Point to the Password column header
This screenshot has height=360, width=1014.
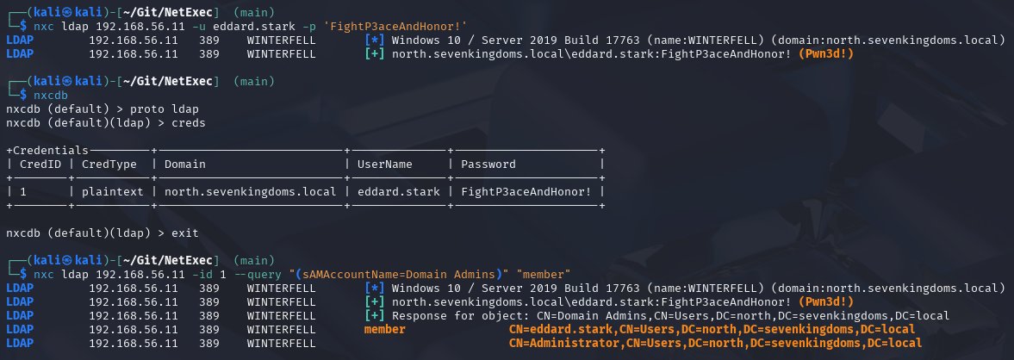click(488, 164)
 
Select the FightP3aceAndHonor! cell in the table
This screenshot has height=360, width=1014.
click(526, 192)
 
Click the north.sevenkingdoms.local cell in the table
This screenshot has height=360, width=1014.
click(247, 192)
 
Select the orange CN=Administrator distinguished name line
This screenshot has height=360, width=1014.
click(714, 343)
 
